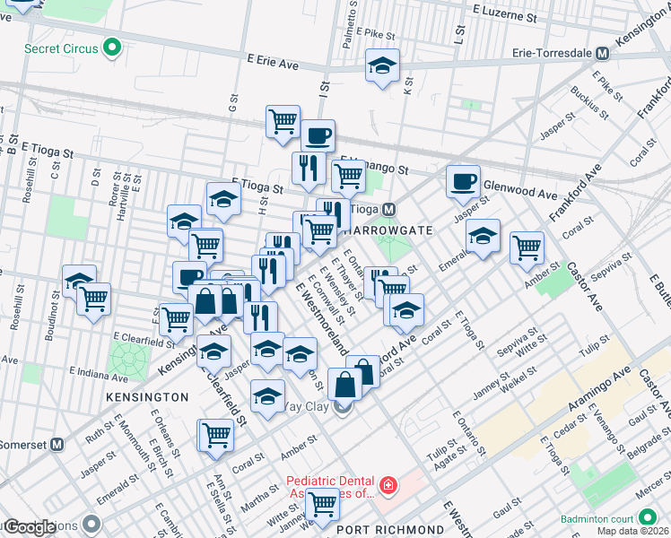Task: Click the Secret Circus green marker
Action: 112,48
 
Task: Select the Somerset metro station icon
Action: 57,444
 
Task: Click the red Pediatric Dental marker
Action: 388,486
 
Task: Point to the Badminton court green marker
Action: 647,517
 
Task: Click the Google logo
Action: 30,527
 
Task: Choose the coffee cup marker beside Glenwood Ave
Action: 463,181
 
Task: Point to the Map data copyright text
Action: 633,531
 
